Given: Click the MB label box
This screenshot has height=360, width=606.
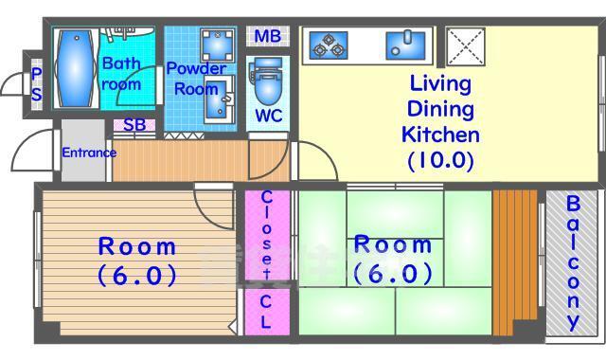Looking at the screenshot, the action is [x=268, y=36].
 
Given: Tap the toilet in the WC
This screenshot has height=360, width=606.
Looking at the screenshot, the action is [x=267, y=82].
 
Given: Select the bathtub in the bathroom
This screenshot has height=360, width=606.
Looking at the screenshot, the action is [x=76, y=68].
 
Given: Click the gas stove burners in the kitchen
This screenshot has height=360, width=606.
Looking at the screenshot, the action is [x=329, y=45].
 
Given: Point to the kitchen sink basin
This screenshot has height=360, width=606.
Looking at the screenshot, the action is [x=405, y=45].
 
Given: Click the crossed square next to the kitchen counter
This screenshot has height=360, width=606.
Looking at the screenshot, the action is [x=465, y=46].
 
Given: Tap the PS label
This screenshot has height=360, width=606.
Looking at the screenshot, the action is [x=37, y=84].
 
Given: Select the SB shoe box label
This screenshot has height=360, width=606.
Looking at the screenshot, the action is [x=134, y=125].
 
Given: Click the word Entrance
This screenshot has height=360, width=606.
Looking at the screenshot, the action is [x=89, y=153].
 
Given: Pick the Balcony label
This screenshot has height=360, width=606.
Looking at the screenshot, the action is [x=573, y=262].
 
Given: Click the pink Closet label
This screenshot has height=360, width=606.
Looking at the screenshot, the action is [x=267, y=235].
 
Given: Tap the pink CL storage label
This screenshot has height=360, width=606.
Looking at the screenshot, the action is [x=266, y=312].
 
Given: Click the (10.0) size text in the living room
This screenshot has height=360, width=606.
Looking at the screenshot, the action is [x=441, y=160].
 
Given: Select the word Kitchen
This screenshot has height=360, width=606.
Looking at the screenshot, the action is [x=440, y=135].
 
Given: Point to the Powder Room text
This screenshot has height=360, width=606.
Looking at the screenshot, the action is [x=196, y=79].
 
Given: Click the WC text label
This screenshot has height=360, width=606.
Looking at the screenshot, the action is [x=269, y=116].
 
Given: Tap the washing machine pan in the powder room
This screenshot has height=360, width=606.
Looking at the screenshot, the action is [x=218, y=45].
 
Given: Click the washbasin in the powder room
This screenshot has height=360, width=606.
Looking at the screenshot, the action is [x=218, y=99].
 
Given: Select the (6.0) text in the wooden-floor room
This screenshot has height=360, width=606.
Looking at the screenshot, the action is [x=137, y=276].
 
